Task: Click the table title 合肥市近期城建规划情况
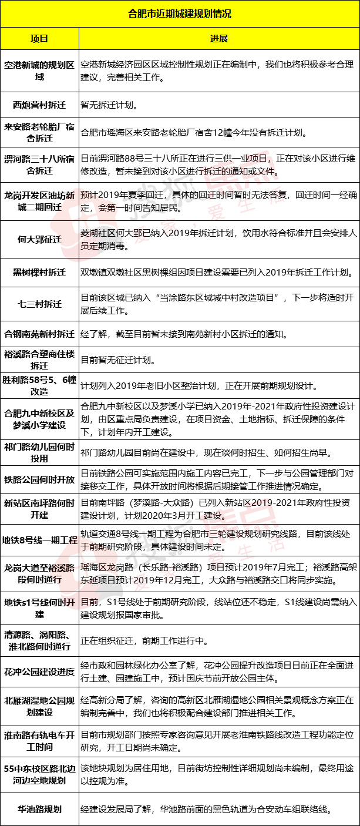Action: coord(180,13)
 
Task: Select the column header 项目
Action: coord(39,38)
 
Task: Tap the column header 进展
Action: coord(219,38)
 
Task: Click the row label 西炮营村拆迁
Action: coord(39,106)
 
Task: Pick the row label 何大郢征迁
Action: coord(39,239)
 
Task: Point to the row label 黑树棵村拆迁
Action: coord(39,273)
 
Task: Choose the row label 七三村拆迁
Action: coord(39,304)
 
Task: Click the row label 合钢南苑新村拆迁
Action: coord(39,334)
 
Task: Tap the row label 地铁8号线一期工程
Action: coord(39,539)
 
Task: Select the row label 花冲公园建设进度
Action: coord(39,671)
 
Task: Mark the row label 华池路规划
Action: coord(39,809)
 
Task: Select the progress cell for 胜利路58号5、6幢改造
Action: coord(199,386)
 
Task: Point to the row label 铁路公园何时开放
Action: coord(39,480)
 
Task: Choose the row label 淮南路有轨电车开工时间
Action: coord(39,740)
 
